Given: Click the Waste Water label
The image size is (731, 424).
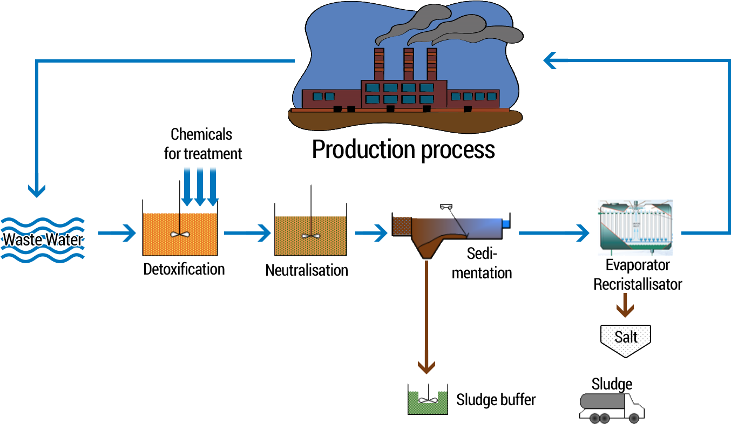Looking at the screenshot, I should coord(43,239).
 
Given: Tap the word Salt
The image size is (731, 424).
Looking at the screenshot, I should coord(626,337).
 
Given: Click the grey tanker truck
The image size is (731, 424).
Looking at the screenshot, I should coord(611,407).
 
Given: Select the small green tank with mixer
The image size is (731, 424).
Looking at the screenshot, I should coord(428,401).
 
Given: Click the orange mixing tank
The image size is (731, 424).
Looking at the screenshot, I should coord(180,233).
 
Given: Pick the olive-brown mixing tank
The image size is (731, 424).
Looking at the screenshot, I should coord(310,235).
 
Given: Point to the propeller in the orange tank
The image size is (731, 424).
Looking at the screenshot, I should coord(179,235).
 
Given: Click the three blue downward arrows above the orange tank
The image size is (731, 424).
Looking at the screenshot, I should coord(200,186).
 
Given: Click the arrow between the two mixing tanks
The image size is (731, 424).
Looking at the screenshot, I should coord(247,233).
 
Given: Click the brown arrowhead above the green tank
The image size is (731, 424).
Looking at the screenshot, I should coord(427,367).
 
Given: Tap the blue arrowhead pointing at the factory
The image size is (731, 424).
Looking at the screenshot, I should coord(551,60).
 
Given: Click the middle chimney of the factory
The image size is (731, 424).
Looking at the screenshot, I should coord(408,65).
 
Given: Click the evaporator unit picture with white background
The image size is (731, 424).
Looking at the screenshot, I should coord(634,228).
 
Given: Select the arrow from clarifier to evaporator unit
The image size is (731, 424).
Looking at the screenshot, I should coord(553,233).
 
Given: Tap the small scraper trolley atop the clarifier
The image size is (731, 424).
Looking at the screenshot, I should coord(446,207).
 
